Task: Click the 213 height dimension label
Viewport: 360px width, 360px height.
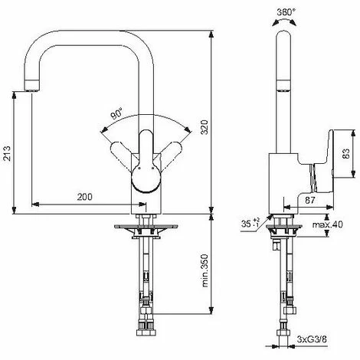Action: tap(7, 153)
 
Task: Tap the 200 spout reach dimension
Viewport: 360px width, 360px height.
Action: tap(85, 197)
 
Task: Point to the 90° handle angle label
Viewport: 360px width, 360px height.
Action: tap(116, 114)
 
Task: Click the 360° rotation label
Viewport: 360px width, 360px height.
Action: tap(286, 11)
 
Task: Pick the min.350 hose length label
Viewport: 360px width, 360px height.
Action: tap(205, 270)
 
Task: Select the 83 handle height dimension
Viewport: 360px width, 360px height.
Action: tap(346, 153)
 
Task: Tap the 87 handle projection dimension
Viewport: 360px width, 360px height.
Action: tap(310, 200)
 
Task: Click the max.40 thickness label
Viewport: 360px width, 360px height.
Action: tap(328, 224)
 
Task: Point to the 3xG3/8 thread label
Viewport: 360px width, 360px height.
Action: tap(312, 339)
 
